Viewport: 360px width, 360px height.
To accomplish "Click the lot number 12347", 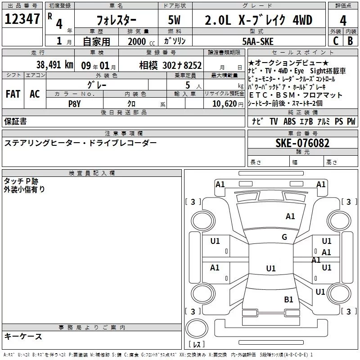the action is pyautogui.click(x=22, y=19).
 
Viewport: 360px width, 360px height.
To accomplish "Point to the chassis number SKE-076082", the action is pyautogui.click(x=302, y=143).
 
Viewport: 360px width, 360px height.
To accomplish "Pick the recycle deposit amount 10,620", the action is pyautogui.click(x=224, y=103).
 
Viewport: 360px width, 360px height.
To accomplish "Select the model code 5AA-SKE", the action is pyautogui.click(x=257, y=41).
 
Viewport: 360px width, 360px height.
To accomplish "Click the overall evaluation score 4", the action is pyautogui.click(x=343, y=20).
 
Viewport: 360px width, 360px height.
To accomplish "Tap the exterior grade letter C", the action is pyautogui.click(x=335, y=41).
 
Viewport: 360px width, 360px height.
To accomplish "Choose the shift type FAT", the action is pyautogui.click(x=13, y=94).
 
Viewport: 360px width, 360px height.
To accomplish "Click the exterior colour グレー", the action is pyautogui.click(x=97, y=85).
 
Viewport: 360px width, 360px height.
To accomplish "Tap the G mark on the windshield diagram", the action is pyautogui.click(x=284, y=237).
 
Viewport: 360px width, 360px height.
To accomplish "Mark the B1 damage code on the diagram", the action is pyautogui.click(x=288, y=299).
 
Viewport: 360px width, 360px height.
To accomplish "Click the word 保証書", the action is pyautogui.click(x=15, y=121).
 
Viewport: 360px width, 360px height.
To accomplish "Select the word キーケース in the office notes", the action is pyautogui.click(x=23, y=336).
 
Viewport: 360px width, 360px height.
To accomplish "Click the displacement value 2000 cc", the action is pyautogui.click(x=138, y=41).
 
